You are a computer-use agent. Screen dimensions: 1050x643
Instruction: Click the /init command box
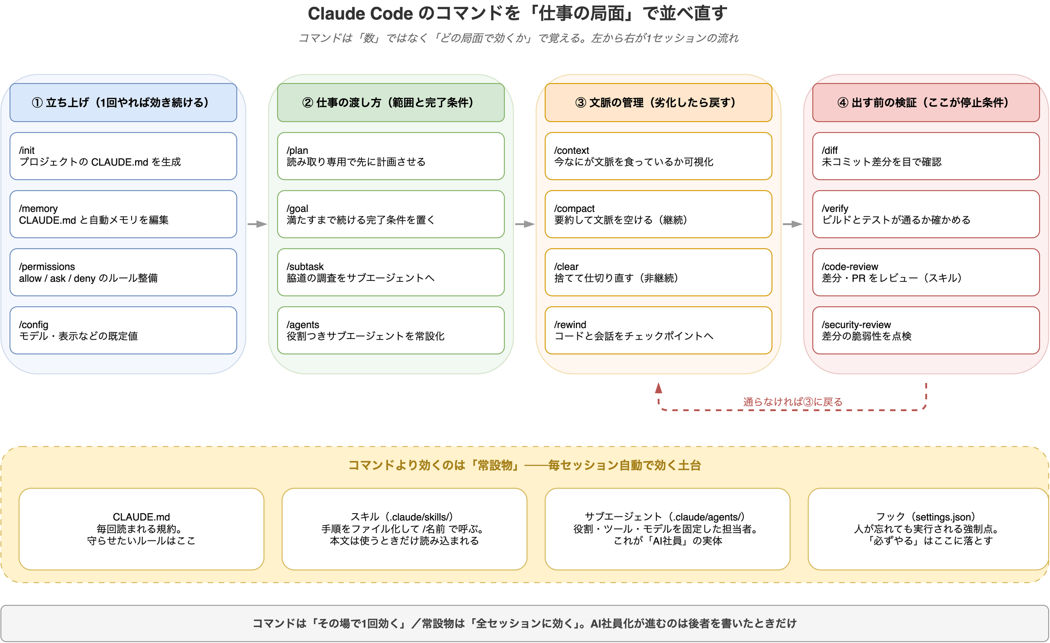coord(123,156)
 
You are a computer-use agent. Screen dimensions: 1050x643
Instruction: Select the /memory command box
coord(123,214)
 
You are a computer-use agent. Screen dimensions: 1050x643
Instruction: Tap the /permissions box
coord(123,272)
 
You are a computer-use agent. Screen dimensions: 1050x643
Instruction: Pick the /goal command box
coord(391,214)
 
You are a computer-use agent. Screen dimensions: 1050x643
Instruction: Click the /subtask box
coord(391,272)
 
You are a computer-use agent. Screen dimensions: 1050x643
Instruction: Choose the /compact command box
coord(659,214)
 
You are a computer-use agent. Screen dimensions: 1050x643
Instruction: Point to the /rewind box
coord(659,330)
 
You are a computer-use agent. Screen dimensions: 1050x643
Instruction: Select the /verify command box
coord(926,214)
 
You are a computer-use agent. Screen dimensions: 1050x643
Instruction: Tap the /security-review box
coord(926,330)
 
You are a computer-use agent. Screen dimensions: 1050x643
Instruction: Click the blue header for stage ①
coord(123,103)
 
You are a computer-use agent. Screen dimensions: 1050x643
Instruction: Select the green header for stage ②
coord(391,103)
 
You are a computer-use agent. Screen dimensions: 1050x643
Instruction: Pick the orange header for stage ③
coord(659,103)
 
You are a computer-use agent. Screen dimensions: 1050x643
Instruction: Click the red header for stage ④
coord(926,103)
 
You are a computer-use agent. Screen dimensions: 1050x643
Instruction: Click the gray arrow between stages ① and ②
coord(257,224)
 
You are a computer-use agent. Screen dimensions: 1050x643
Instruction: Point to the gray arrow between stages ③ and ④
coord(792,224)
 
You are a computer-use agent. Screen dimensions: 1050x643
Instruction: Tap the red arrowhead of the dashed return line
coord(659,388)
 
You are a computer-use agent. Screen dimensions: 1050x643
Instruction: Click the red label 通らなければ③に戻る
coord(792,402)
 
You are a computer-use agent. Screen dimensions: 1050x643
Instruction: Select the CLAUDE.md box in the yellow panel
coord(142,529)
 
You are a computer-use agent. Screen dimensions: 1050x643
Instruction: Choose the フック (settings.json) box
coord(928,529)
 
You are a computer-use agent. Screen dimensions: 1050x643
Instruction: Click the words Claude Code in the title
coord(360,14)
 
